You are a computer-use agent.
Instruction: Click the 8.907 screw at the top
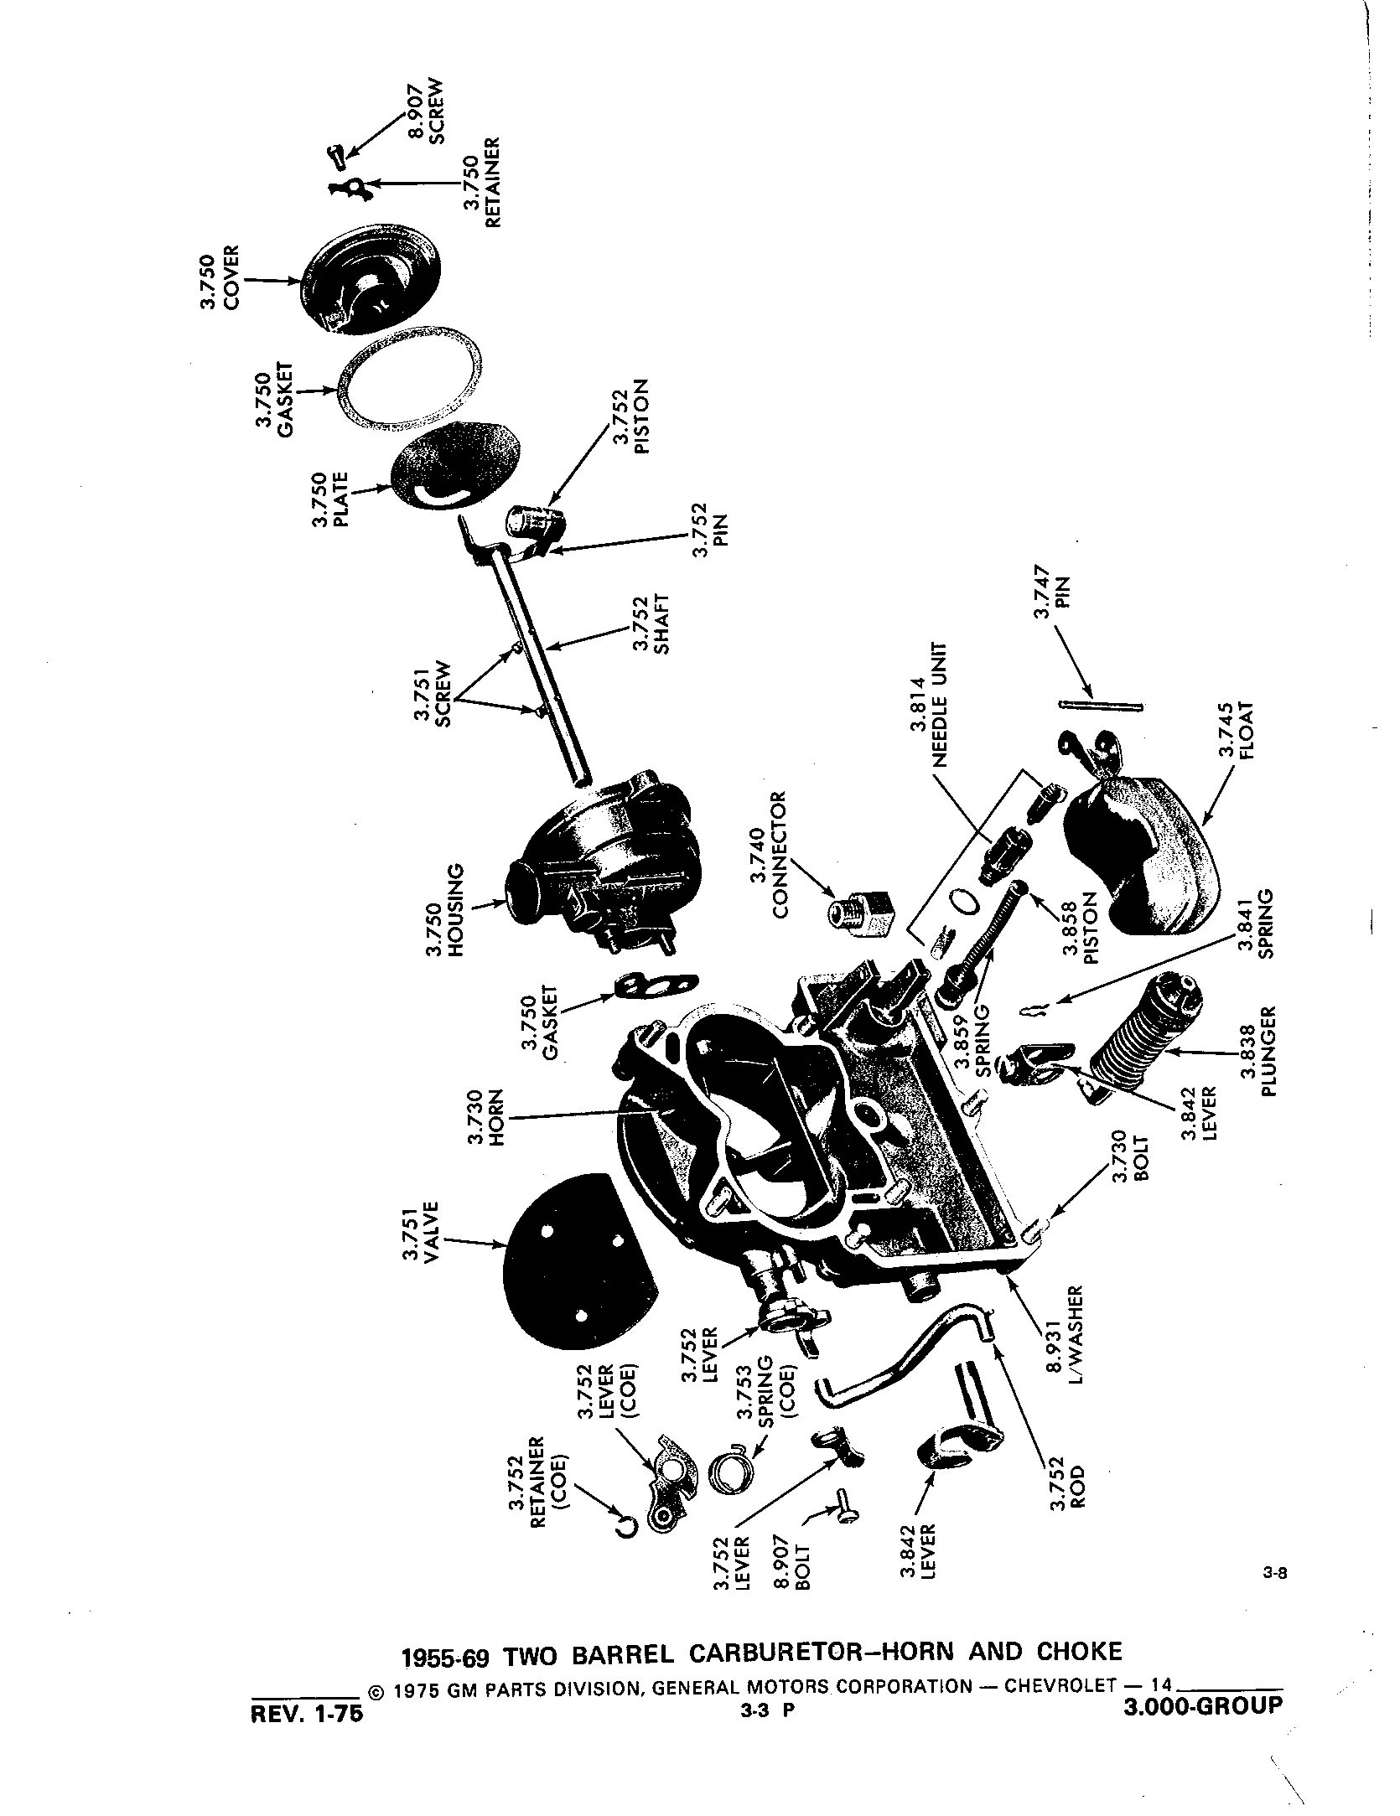tap(335, 156)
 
